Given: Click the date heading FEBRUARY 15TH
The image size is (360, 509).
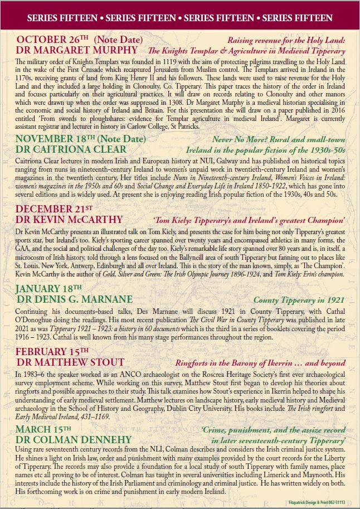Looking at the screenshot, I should point(51,351).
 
